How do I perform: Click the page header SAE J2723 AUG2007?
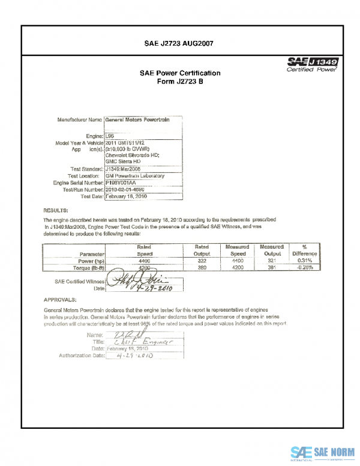[179, 43]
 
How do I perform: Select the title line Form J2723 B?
[180, 82]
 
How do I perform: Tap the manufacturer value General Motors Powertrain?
[137, 120]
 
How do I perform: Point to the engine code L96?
[110, 137]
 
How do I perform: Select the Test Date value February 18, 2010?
[127, 196]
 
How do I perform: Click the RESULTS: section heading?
[56, 211]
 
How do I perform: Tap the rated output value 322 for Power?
[202, 262]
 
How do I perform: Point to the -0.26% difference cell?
[305, 268]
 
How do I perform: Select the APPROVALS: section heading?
[60, 299]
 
